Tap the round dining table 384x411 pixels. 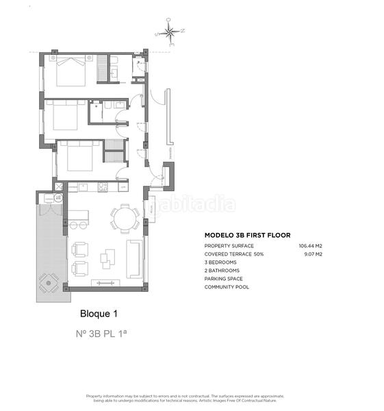[x=124, y=219]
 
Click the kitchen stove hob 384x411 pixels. [x=103, y=187]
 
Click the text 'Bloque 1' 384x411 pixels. [x=99, y=314]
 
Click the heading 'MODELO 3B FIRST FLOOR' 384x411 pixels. [x=247, y=235]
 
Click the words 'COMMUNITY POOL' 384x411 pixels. [x=227, y=287]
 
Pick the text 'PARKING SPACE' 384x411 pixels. [x=223, y=279]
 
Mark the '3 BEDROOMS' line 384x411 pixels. [x=220, y=262]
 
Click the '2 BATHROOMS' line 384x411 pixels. [x=221, y=271]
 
